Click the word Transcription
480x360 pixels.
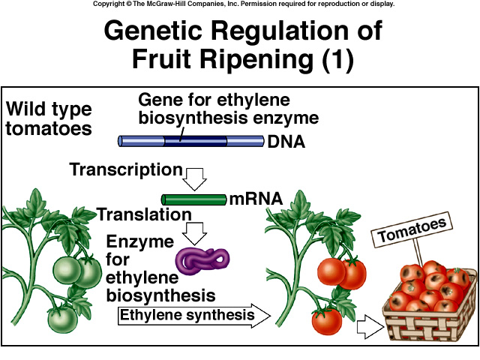point(126,169)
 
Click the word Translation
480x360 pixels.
point(143,214)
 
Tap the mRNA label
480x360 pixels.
point(256,199)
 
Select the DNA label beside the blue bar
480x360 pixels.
point(286,141)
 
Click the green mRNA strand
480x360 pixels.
point(193,199)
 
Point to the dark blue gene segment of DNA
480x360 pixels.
point(196,140)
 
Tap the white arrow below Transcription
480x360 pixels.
point(195,178)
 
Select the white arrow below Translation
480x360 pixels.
point(196,232)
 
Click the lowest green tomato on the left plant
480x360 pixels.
point(62,318)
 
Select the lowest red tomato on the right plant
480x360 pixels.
point(327,321)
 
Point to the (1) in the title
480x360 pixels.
point(336,59)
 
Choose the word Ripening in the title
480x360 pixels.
point(248,59)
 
